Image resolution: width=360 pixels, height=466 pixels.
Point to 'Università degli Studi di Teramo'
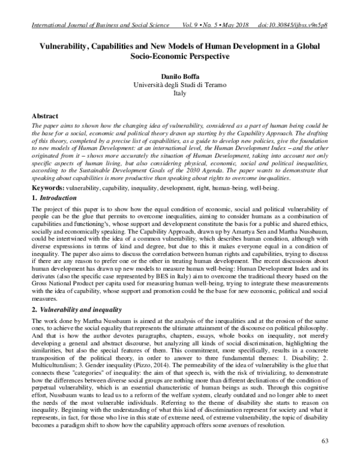179,86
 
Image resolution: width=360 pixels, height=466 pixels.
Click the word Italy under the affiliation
179,94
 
